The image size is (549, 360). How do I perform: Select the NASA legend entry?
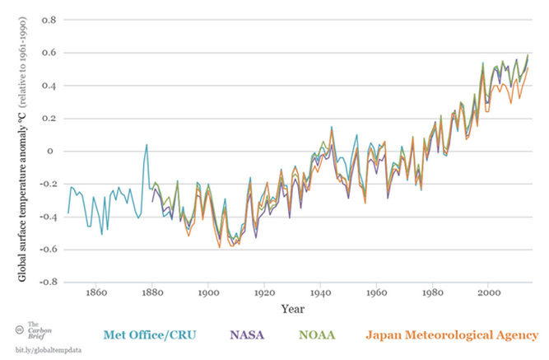tap(246, 335)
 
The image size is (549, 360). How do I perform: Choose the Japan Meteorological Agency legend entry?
tap(453, 335)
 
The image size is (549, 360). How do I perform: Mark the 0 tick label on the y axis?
tap(53, 151)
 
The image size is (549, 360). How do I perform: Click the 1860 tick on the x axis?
tap(96, 292)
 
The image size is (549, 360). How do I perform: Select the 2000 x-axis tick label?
tap(490, 292)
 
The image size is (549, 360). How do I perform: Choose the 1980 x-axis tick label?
tap(433, 292)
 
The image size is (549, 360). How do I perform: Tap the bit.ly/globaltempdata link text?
tap(49, 350)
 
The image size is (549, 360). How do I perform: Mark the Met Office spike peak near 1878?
tap(147, 145)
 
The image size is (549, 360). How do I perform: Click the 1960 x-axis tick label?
tap(377, 292)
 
